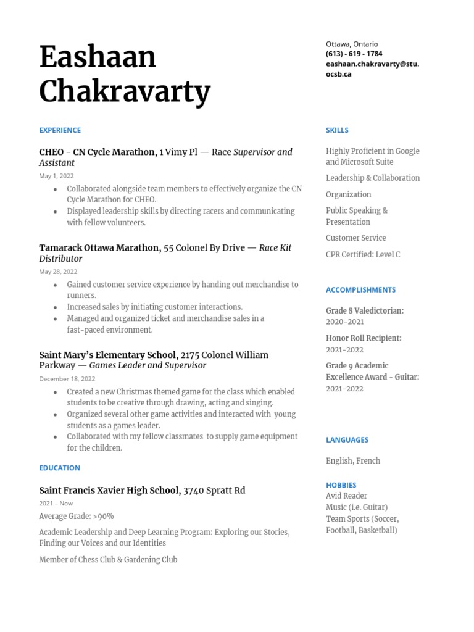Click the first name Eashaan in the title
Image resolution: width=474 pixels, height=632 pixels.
(x=98, y=57)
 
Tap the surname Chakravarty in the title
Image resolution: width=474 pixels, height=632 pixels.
(x=125, y=92)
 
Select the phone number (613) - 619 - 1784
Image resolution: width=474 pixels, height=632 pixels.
(x=354, y=54)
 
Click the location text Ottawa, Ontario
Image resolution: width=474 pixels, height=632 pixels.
(x=352, y=44)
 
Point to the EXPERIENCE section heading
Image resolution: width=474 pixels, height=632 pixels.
(x=60, y=130)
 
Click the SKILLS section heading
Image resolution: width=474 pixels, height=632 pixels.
(x=337, y=130)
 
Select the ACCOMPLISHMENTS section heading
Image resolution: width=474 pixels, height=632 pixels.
(x=360, y=289)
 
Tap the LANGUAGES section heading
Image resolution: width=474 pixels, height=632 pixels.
(x=347, y=440)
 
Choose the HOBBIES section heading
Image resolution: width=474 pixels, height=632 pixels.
(x=341, y=485)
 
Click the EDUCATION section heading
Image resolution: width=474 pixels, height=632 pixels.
(x=59, y=468)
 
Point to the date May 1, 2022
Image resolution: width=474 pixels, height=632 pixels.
(x=56, y=176)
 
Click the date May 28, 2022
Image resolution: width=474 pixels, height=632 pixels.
(x=58, y=272)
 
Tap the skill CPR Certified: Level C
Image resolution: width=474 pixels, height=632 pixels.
(x=363, y=254)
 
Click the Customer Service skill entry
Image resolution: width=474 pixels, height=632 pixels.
(x=355, y=238)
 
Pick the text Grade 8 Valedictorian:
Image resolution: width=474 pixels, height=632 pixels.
(x=364, y=310)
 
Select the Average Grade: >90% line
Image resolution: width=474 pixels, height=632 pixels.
(x=76, y=516)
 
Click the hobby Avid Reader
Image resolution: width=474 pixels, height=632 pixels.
(x=346, y=496)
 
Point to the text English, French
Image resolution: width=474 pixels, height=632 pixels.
(x=353, y=460)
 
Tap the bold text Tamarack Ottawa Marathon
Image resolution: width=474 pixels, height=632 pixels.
(x=99, y=247)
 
